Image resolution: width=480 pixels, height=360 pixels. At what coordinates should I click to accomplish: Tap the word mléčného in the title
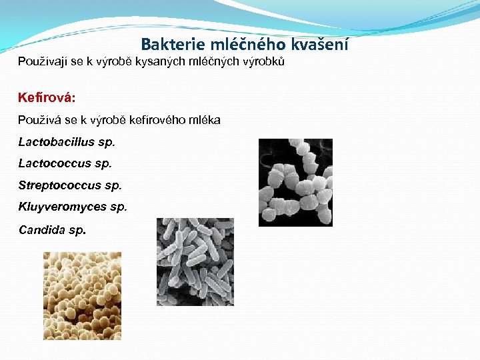tap(245, 45)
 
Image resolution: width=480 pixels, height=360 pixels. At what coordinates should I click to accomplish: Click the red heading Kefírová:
tap(47, 97)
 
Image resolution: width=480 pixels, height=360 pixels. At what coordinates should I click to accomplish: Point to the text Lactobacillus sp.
tap(67, 141)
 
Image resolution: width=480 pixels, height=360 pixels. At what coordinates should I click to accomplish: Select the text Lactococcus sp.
tap(65, 163)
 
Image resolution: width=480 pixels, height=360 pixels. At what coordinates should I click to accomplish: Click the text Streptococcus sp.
tap(70, 185)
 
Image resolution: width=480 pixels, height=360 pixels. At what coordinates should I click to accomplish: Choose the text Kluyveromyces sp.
tap(72, 207)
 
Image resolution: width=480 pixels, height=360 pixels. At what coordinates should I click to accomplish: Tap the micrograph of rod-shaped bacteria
tap(195, 262)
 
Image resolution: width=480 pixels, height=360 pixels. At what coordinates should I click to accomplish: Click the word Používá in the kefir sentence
tap(39, 120)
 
